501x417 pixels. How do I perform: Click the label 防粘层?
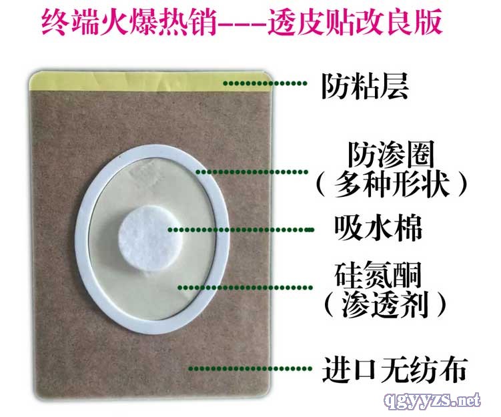(365, 86)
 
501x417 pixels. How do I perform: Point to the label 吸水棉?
(378, 228)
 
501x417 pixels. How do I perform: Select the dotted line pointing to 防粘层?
(266, 83)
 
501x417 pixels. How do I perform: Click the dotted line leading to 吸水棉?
(241, 230)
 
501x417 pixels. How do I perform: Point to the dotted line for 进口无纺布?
(251, 369)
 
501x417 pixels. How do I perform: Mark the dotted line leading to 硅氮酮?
(245, 288)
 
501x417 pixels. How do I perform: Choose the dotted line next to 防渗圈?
(252, 172)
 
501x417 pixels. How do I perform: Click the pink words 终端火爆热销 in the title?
(129, 21)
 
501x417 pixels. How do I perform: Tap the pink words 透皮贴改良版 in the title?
(356, 21)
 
